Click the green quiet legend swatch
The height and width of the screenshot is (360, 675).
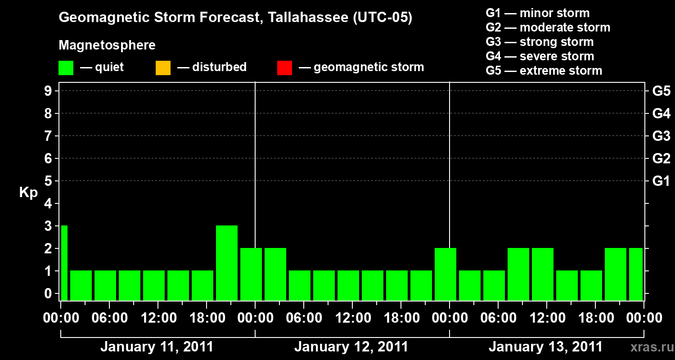66,68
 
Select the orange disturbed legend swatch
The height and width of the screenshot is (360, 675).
163,68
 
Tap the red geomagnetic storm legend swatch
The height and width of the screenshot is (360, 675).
284,68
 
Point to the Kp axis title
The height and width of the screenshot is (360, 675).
28,193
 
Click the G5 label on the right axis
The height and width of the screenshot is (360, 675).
661,91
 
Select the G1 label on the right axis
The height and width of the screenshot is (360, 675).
661,181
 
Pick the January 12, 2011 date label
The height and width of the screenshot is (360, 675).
351,347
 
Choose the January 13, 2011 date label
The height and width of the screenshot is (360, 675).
545,347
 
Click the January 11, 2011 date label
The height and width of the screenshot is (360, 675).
157,347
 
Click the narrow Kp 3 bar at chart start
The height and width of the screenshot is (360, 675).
64,263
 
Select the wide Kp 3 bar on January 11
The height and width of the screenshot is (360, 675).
227,263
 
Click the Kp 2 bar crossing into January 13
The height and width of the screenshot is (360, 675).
445,274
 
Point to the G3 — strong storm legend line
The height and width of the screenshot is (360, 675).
540,42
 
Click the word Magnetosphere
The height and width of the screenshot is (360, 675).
107,45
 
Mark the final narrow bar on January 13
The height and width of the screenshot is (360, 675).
636,274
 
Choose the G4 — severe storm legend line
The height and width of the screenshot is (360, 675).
540,56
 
